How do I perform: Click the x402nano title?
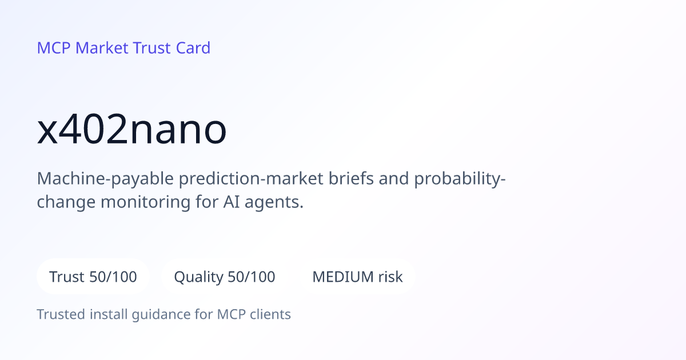[131, 129]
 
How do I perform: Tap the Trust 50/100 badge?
[93, 277]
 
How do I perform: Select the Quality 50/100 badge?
[225, 277]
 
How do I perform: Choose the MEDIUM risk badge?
[357, 277]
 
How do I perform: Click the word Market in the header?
[102, 48]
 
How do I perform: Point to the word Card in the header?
[193, 48]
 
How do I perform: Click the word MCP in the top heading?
[54, 48]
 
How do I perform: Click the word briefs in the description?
[351, 178]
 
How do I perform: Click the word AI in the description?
[232, 202]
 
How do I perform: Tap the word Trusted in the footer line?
[61, 314]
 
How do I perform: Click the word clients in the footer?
[270, 314]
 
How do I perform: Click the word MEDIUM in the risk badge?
[342, 277]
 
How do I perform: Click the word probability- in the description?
[460, 179]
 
